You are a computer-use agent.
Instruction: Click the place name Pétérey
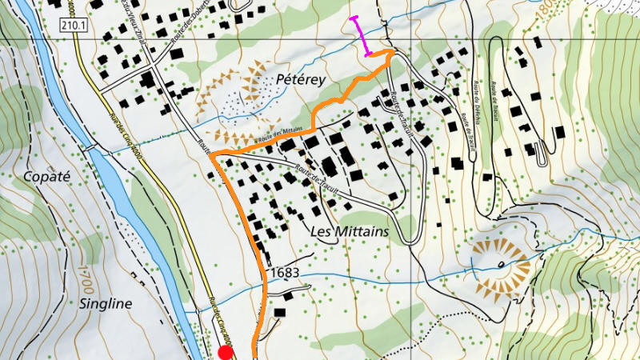click(299, 80)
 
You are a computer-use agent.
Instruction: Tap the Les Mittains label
click(348, 231)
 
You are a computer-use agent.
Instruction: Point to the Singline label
click(106, 303)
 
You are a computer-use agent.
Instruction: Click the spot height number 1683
click(285, 273)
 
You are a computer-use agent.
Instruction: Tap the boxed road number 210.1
click(71, 26)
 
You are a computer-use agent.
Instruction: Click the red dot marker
click(226, 353)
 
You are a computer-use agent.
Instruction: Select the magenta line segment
click(361, 36)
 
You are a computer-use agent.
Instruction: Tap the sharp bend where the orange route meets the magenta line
click(393, 52)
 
